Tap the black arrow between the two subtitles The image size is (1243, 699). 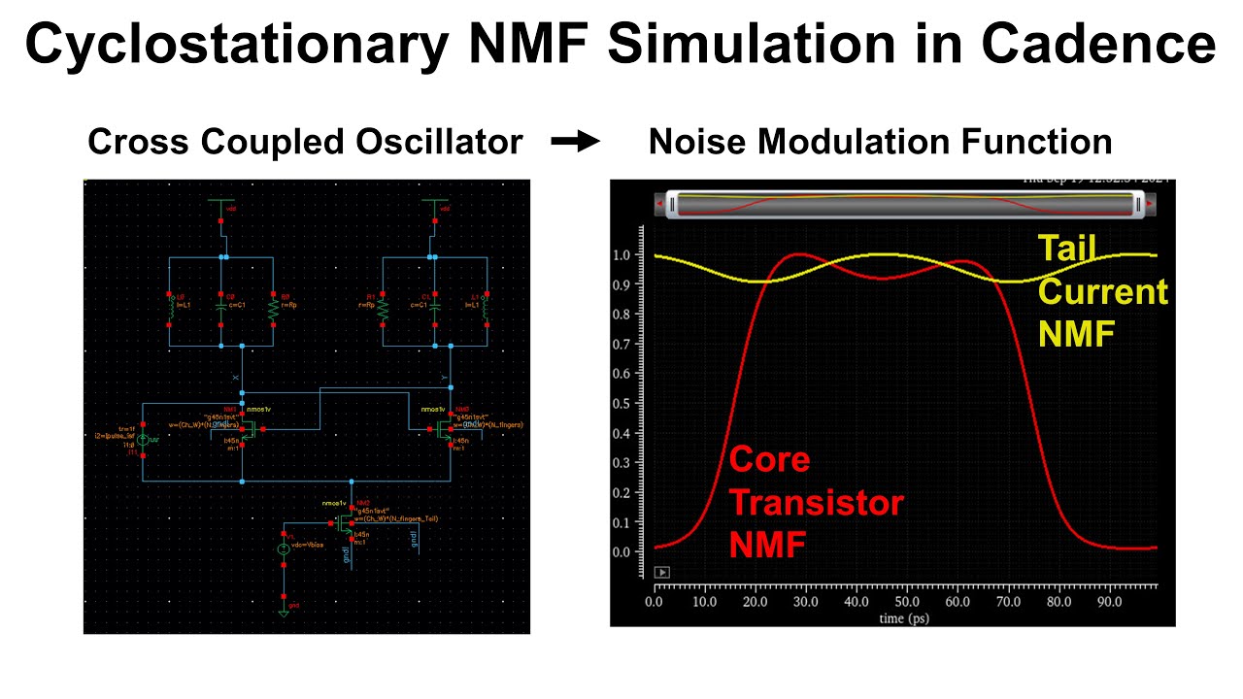[x=576, y=142]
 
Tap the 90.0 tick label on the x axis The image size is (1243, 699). [x=1109, y=602]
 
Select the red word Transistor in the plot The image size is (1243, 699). [x=816, y=503]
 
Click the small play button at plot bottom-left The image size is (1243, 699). [x=663, y=573]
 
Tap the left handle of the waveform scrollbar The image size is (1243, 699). [x=668, y=205]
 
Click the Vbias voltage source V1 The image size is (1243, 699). [x=284, y=549]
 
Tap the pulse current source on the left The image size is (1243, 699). [x=143, y=440]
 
